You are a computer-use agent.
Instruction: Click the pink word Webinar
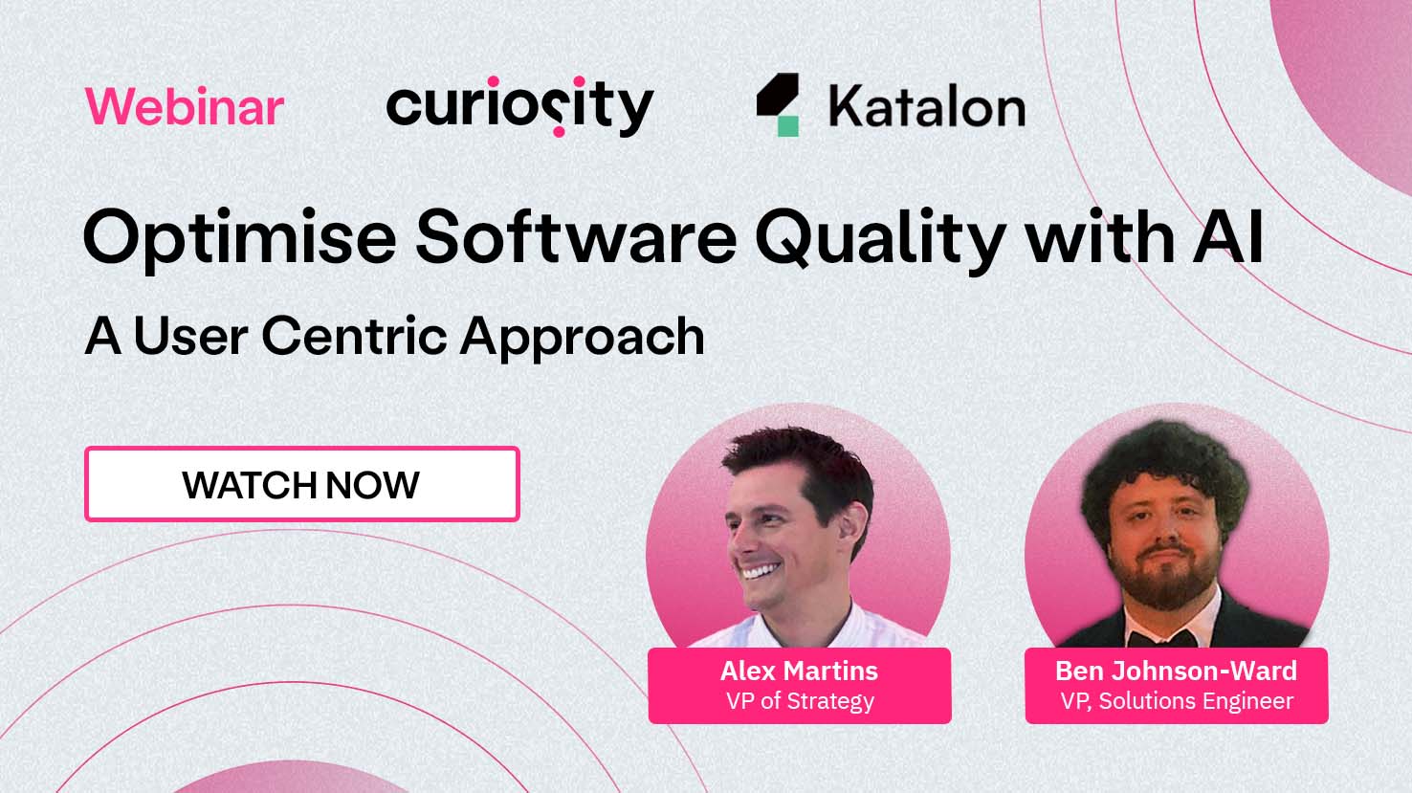click(x=185, y=106)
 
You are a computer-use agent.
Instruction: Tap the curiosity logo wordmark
click(x=520, y=106)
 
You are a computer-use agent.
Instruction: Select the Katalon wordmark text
click(x=927, y=106)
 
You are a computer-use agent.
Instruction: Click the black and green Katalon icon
click(x=778, y=104)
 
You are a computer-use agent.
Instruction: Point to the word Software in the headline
click(x=576, y=236)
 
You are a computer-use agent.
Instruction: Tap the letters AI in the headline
click(x=1228, y=237)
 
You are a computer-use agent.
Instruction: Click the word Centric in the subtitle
click(x=354, y=336)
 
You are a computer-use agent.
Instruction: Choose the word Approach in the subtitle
click(x=583, y=339)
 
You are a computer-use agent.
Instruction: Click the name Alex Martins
click(x=800, y=672)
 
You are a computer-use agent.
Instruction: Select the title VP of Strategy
click(x=800, y=701)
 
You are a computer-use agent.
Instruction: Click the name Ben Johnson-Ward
click(x=1177, y=672)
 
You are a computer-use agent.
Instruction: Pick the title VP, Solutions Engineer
click(x=1177, y=701)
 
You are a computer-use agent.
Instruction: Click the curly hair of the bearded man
click(x=1164, y=467)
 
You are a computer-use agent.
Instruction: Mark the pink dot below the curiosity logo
click(x=559, y=132)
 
